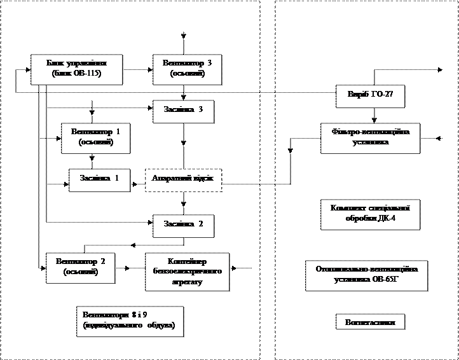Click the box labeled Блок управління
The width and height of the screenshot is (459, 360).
coord(76,69)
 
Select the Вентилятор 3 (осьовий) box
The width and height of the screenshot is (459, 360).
coord(187,69)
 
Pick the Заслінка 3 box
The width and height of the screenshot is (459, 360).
coord(183,111)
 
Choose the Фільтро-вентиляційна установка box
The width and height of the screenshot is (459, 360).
coord(370,138)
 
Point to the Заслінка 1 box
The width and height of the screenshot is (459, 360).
coord(99,179)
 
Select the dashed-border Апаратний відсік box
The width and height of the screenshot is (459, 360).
coord(183,180)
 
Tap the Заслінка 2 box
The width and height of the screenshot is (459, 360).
coord(183,225)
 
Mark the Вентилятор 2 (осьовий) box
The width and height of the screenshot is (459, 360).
coord(81,267)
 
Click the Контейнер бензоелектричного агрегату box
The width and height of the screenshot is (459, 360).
coord(187,272)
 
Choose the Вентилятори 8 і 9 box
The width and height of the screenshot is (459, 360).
coord(129,321)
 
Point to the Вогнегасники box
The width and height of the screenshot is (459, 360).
coord(370,322)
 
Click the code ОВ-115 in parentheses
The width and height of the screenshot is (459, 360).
coord(87,74)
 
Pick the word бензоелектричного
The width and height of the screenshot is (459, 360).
coord(187,272)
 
